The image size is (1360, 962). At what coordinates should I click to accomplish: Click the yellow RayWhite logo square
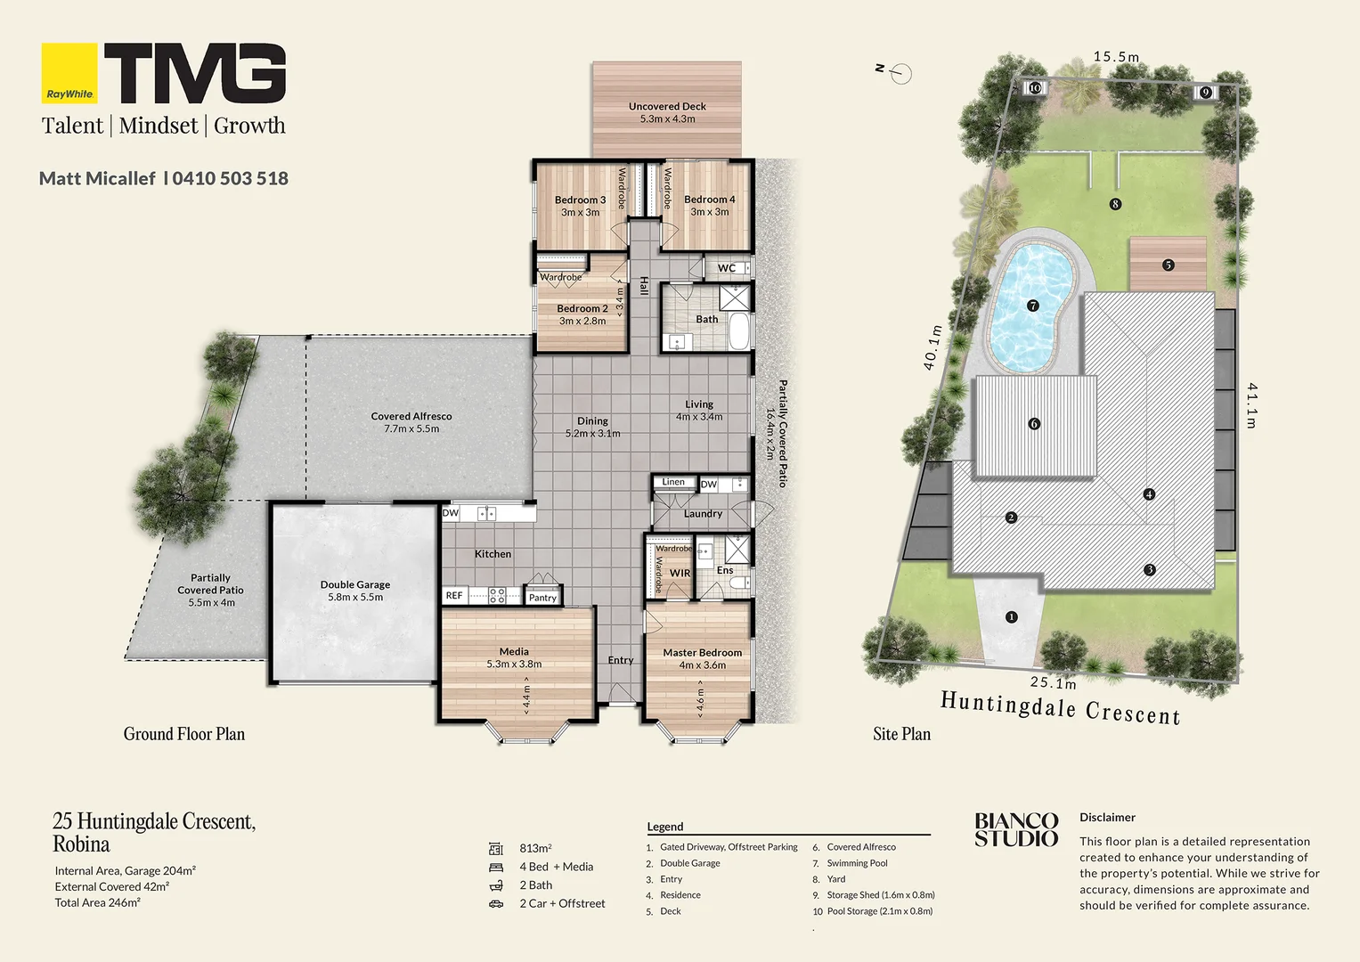tap(69, 73)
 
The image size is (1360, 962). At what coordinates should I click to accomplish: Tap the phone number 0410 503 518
tap(230, 178)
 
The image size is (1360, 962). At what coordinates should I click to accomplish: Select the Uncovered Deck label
tap(667, 112)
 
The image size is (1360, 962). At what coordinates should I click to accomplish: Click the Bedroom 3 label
tap(580, 206)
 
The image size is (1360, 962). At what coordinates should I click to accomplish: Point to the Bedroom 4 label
tap(709, 206)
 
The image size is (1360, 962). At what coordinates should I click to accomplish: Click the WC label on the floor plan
tap(727, 268)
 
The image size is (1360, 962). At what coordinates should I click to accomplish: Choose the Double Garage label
tap(355, 591)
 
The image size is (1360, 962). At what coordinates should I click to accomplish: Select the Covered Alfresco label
tap(411, 422)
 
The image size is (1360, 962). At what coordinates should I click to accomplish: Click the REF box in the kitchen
tap(454, 596)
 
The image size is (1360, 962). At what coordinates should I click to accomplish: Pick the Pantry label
tap(542, 598)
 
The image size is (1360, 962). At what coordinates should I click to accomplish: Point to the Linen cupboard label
tap(673, 482)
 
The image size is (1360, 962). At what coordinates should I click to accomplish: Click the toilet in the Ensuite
tap(739, 583)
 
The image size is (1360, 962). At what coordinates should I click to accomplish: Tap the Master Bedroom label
tap(702, 658)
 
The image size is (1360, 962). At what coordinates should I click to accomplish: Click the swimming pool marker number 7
tap(1033, 306)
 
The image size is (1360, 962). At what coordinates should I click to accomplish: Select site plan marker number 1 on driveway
tap(1011, 616)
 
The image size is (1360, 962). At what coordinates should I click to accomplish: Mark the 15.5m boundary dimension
tap(1116, 57)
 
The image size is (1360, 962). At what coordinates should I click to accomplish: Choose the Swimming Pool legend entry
tap(857, 863)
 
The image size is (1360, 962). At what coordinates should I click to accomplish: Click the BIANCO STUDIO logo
tap(1016, 829)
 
